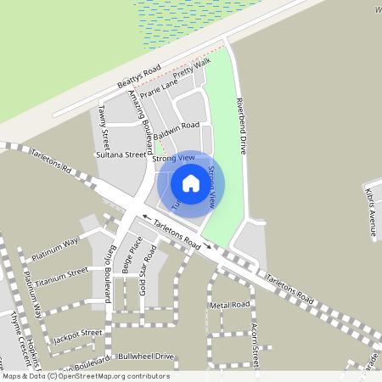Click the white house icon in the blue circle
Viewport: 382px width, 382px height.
coord(191,183)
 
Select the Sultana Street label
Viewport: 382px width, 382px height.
coord(121,155)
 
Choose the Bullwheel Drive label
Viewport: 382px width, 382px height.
coord(146,356)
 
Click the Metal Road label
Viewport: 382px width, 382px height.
coord(230,304)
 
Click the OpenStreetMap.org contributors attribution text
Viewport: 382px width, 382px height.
coord(114,376)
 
